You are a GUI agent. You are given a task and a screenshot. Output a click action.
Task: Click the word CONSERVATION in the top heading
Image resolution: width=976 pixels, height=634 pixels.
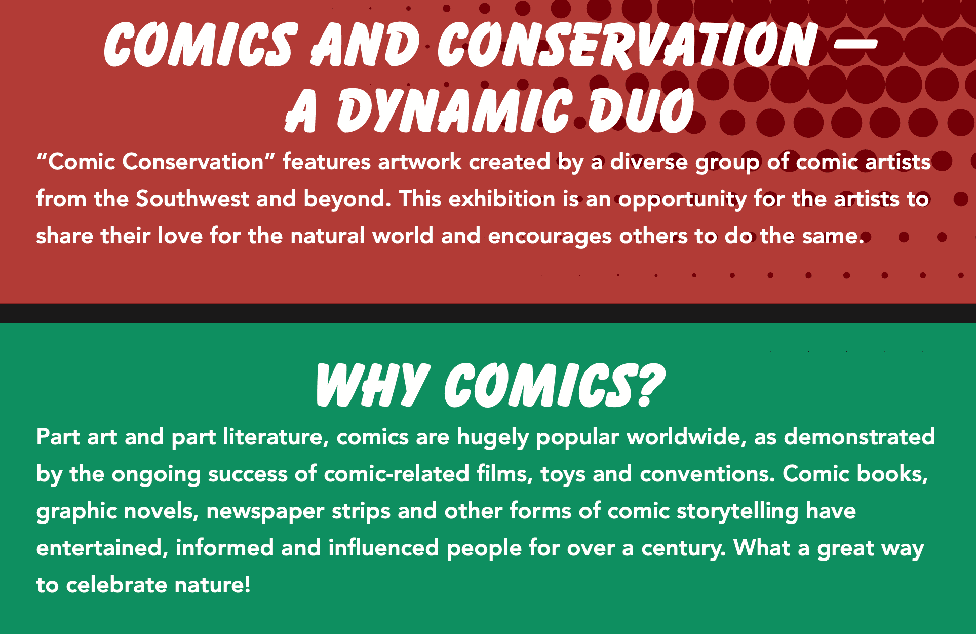coord(627,45)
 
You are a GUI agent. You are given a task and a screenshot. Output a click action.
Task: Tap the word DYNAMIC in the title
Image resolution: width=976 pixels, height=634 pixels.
coord(455,110)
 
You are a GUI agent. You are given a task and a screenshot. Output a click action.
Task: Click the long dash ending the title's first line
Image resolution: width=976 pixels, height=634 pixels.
coord(855,44)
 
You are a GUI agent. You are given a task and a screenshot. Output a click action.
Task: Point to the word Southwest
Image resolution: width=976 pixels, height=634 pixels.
coord(192,198)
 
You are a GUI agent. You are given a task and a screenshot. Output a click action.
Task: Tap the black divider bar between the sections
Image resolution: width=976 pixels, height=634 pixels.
coord(488,313)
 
